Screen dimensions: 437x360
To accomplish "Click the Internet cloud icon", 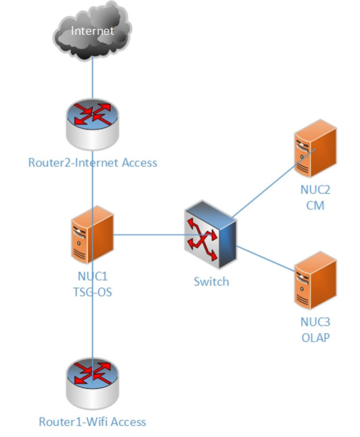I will tap(93, 33).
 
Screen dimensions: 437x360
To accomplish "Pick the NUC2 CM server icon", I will tap(315, 149).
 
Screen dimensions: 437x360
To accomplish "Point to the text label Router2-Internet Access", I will tap(93, 162).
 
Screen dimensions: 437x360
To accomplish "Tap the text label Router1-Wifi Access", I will tap(93, 422).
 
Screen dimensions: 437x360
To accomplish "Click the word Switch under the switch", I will tap(211, 281).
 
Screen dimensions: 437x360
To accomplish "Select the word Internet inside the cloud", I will tap(93, 31).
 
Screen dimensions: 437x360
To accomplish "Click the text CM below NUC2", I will tap(315, 205).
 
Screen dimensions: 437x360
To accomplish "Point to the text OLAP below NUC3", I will tap(315, 337).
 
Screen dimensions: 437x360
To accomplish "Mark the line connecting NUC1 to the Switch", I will tap(148, 234).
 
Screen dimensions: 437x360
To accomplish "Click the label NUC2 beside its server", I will tap(315, 190).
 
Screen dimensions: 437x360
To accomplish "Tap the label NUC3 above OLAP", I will tap(315, 322).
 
